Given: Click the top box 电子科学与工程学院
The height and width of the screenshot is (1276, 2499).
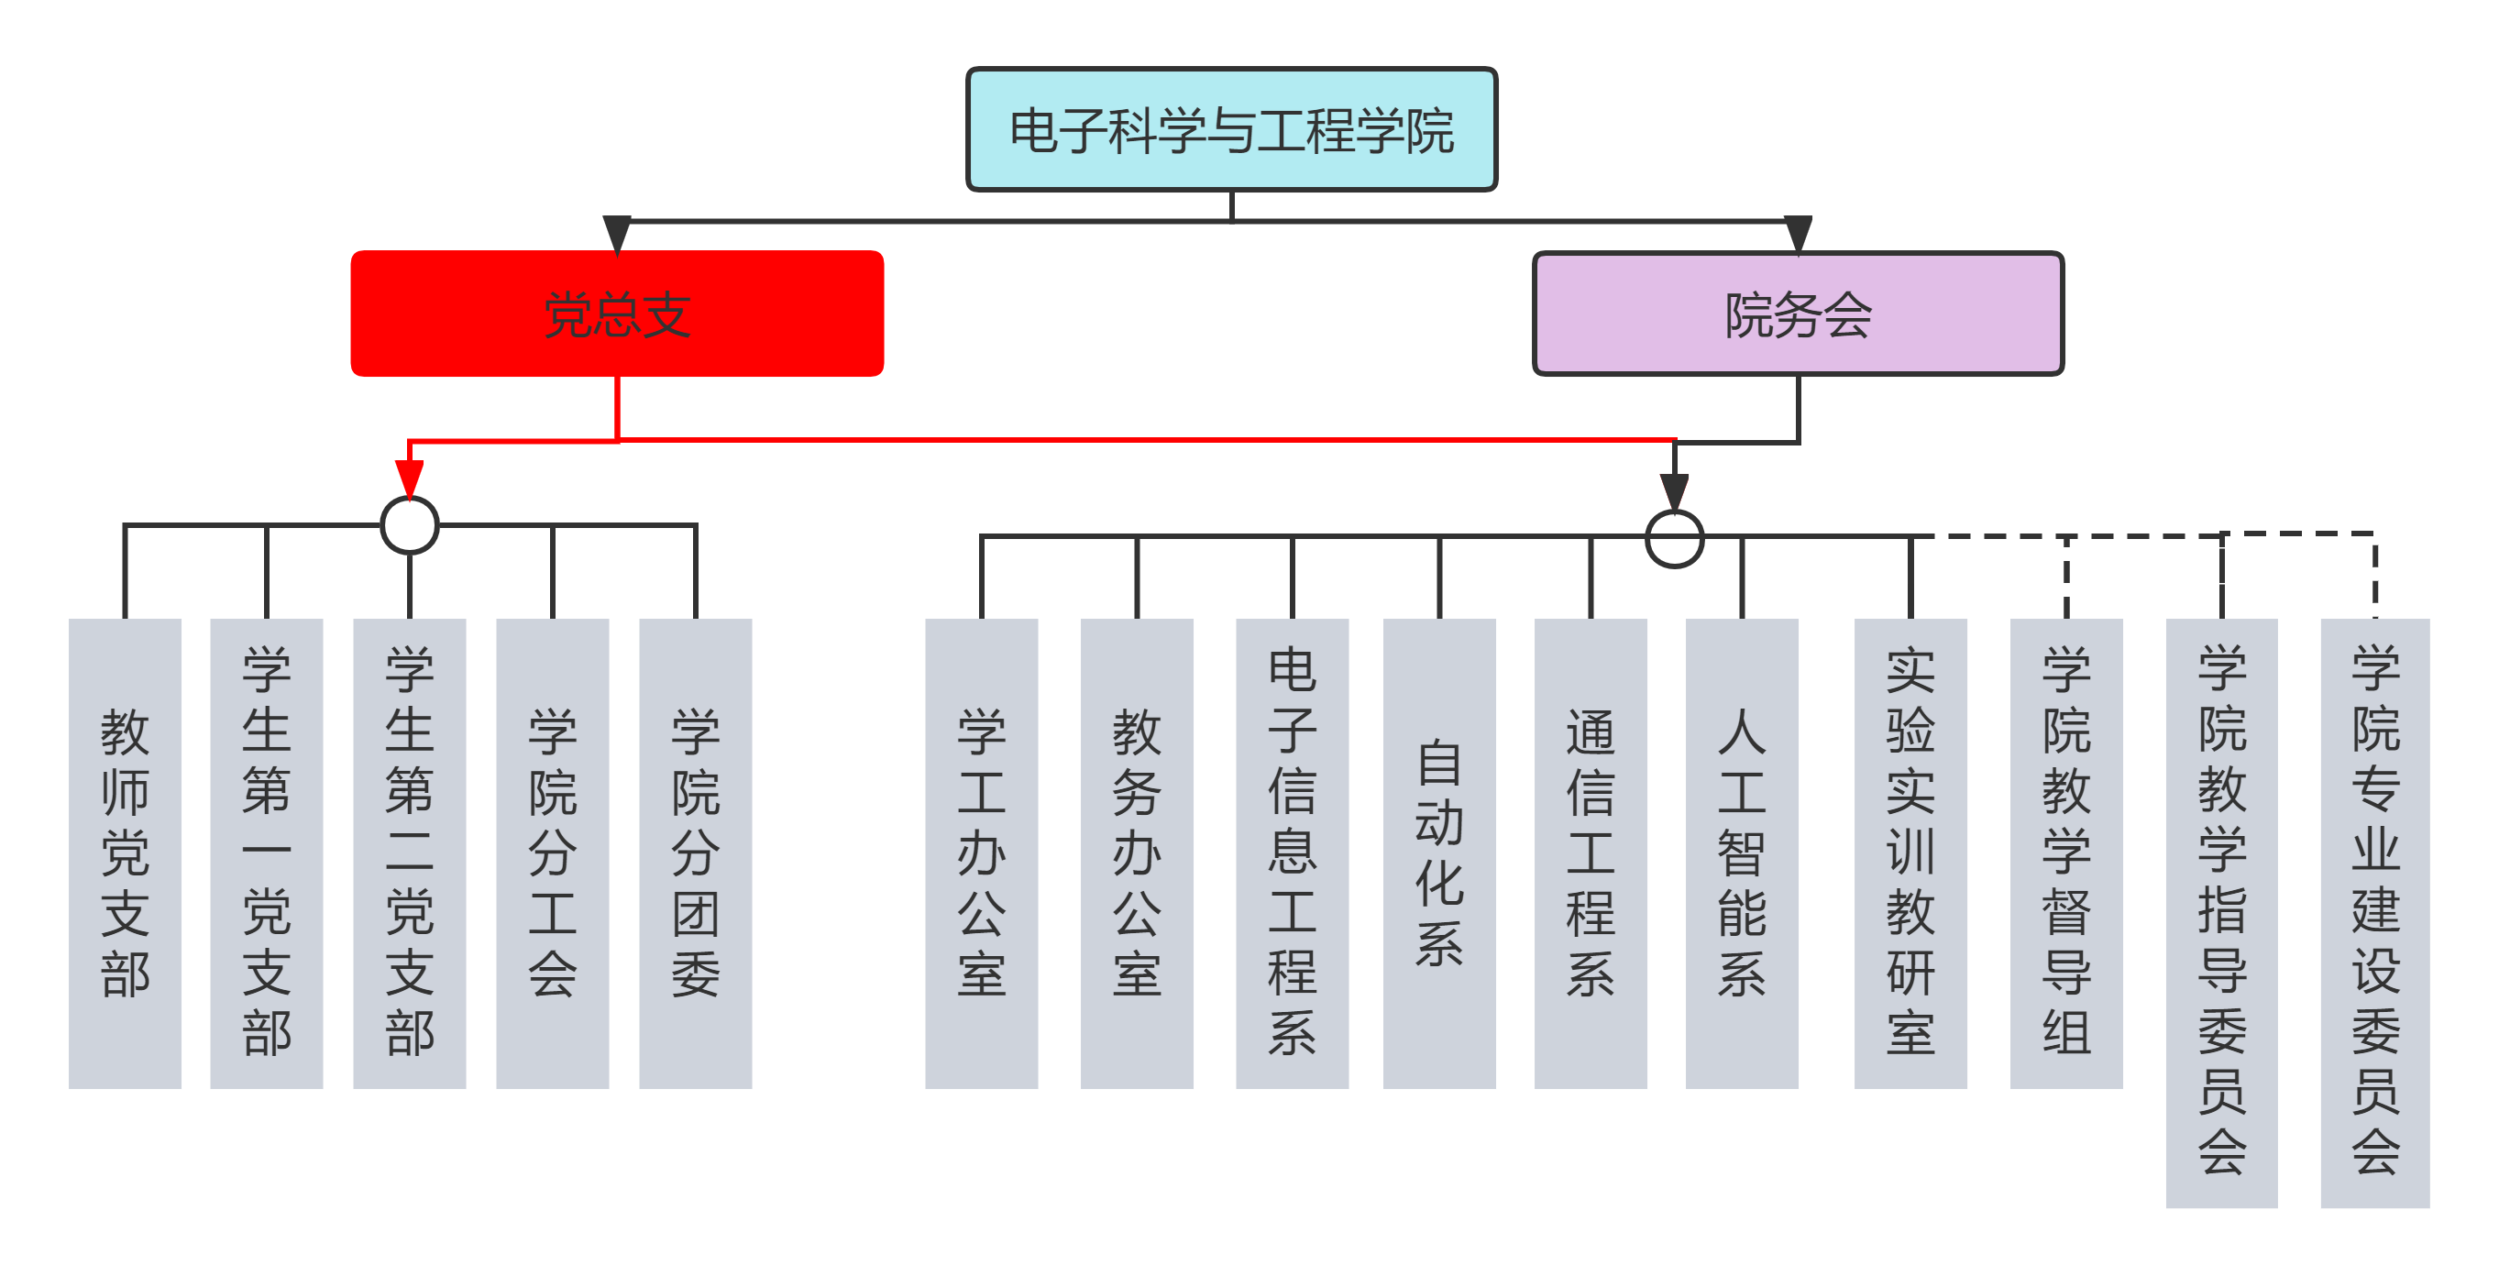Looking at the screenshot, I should pos(1232,130).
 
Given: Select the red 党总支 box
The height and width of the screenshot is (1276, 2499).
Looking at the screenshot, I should pos(617,313).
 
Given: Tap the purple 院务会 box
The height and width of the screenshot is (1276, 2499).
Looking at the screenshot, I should pos(1798,313).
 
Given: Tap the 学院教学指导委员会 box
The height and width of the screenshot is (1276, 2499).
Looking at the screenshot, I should pos(2221,912).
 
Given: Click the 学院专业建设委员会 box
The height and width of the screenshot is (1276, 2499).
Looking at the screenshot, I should pos(2375,912).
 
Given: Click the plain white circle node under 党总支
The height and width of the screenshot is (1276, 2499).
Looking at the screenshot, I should pos(411,526).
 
